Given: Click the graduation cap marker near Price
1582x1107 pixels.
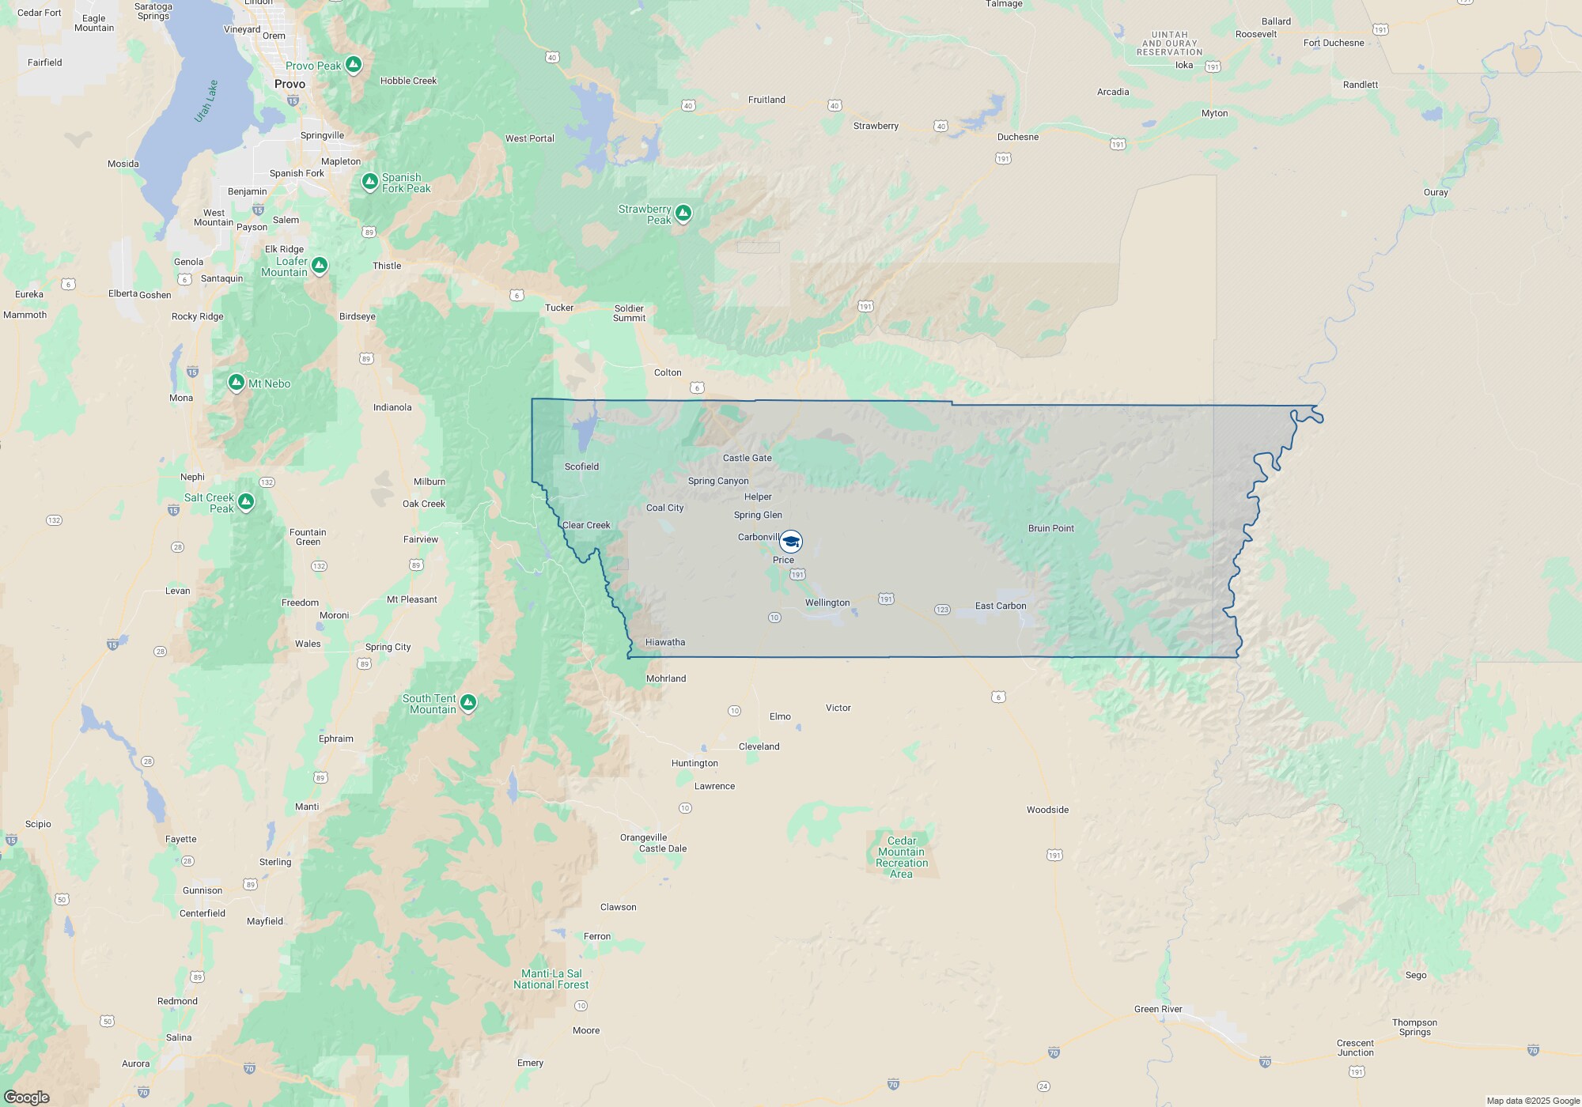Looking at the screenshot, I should coord(790,542).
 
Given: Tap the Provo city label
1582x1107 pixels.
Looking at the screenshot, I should coord(290,84).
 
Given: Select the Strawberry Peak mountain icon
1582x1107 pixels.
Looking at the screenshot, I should coord(683,213).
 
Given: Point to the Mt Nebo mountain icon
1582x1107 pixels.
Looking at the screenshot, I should coord(236,383).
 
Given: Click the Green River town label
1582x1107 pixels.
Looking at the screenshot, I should coord(1158,1009).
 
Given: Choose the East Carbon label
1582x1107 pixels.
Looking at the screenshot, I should coord(1001,606).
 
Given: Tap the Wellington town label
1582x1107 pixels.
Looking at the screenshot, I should coord(827,603).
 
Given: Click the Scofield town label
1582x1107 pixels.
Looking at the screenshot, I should coord(581,467).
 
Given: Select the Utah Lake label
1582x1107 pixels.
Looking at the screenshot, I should coord(206,101).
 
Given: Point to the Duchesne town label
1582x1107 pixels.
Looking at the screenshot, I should coord(1018,137).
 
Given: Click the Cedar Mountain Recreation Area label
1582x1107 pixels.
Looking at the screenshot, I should coord(902,857).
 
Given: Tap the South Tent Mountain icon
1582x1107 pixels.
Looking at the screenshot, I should coord(468,702).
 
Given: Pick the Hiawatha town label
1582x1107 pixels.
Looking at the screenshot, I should coord(665,642).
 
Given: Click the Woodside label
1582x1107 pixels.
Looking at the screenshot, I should coord(1047,810).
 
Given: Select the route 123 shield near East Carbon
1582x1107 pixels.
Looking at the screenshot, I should coord(942,610).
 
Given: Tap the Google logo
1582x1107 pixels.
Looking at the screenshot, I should coord(27,1098).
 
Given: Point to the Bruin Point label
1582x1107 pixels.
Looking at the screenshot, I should coord(1051,528).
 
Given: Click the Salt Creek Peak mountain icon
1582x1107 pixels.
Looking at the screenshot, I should coord(246,502).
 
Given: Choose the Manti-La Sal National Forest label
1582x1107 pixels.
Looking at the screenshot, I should coord(551,979).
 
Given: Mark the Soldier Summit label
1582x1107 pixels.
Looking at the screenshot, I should coord(629,313).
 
